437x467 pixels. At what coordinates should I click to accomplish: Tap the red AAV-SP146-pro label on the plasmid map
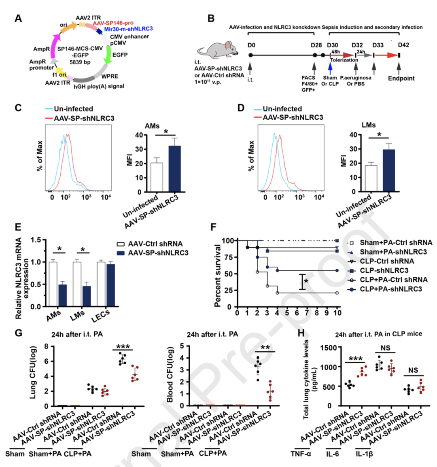pyautogui.click(x=113, y=23)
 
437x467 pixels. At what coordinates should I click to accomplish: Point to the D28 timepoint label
pyautogui.click(x=316, y=45)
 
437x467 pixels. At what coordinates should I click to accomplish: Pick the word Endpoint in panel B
pyautogui.click(x=401, y=78)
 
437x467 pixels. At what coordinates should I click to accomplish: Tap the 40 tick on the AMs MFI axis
pyautogui.click(x=138, y=135)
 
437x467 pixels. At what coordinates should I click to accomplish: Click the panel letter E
pyautogui.click(x=18, y=238)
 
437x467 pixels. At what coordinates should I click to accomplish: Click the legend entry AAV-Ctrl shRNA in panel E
pyautogui.click(x=155, y=244)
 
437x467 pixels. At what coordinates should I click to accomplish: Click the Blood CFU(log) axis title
pyautogui.click(x=170, y=375)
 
